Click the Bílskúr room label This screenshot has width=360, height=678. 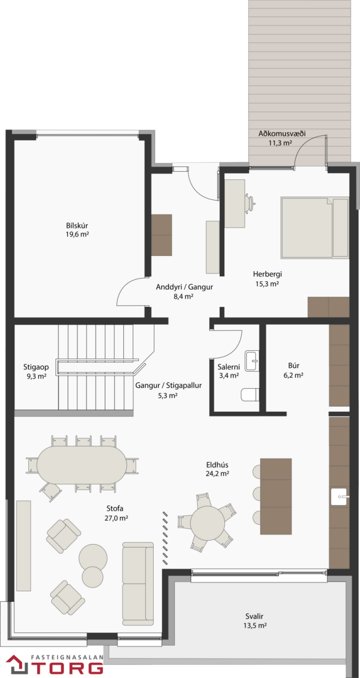point(77,225)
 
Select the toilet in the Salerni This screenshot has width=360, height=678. point(250,394)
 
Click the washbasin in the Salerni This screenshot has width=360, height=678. point(252,361)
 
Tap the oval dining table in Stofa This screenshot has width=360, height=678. point(82,465)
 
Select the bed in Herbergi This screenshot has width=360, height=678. point(315,228)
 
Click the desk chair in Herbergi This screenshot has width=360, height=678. point(250,202)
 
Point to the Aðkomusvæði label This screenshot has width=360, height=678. point(282,133)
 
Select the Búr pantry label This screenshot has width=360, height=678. point(294,366)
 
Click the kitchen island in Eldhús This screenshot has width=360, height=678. point(276,497)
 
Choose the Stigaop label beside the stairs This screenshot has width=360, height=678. point(36,367)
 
